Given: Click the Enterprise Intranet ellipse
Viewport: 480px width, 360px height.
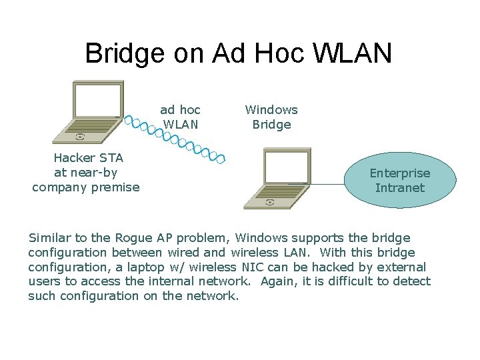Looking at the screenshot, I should (400, 180).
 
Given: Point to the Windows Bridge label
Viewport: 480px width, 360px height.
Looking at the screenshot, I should (271, 117).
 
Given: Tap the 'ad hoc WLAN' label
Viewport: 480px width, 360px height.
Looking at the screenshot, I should (180, 117).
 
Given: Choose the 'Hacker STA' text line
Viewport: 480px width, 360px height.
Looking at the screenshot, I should (88, 158).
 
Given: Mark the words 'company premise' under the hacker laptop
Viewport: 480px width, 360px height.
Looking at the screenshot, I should (86, 187).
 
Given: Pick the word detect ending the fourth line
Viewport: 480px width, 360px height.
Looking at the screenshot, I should (412, 282).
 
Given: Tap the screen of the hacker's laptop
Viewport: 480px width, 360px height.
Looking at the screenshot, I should (96, 100).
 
